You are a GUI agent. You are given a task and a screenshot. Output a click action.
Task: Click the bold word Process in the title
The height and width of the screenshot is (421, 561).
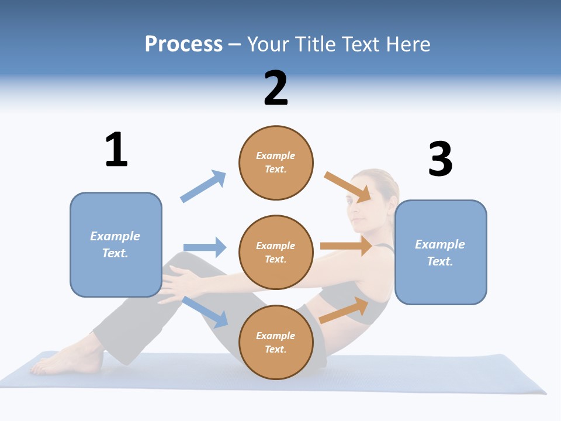tap(183, 44)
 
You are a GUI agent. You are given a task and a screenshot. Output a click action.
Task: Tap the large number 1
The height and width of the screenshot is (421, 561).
tap(116, 150)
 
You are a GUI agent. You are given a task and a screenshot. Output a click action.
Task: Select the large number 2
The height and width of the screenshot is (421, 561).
tap(276, 88)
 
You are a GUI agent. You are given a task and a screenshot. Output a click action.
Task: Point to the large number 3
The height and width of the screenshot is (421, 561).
tap(440, 160)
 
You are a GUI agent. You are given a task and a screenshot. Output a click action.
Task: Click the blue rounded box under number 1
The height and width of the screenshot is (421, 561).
tap(116, 244)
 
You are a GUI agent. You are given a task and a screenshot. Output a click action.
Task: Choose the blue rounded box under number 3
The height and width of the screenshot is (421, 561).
tap(441, 252)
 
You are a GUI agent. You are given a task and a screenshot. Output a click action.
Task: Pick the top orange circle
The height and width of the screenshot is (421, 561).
tap(276, 163)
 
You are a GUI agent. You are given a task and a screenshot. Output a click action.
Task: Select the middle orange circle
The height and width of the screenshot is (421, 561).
tap(276, 252)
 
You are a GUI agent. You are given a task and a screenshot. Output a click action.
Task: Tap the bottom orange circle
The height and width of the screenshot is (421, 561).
tap(276, 342)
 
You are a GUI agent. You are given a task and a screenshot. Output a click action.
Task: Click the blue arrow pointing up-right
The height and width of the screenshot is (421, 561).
tap(203, 186)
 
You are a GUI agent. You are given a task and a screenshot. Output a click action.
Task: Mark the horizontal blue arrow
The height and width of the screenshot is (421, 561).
tap(205, 247)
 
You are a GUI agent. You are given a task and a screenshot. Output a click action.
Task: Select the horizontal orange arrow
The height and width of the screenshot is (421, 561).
tap(346, 246)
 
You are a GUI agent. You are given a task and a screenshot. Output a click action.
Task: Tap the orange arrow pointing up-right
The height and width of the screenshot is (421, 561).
tap(344, 310)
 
